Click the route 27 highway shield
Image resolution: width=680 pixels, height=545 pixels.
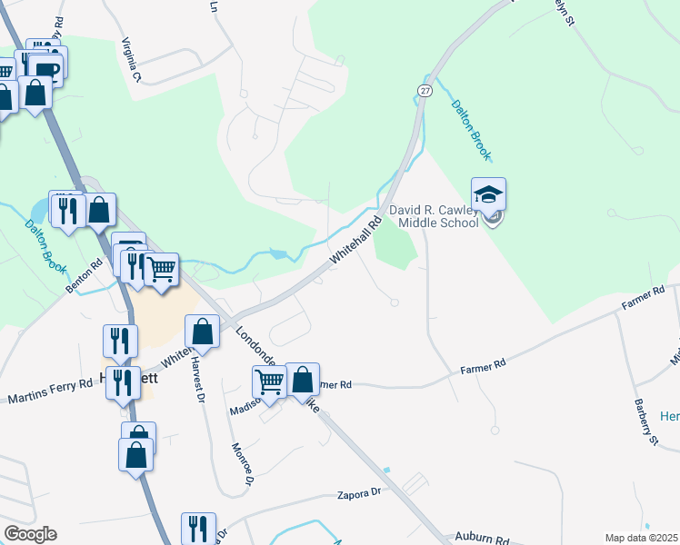pyautogui.click(x=425, y=89)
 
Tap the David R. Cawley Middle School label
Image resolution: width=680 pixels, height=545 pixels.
pyautogui.click(x=434, y=216)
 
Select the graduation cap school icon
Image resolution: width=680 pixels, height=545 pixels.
pyautogui.click(x=488, y=194)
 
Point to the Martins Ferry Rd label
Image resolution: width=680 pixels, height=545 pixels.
pyautogui.click(x=50, y=391)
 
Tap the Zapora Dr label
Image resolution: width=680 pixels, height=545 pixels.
pyautogui.click(x=357, y=493)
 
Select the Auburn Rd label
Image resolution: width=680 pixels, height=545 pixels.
pyautogui.click(x=484, y=539)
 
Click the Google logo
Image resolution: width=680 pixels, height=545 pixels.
pyautogui.click(x=30, y=534)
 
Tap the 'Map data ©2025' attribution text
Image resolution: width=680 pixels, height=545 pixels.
pyautogui.click(x=642, y=538)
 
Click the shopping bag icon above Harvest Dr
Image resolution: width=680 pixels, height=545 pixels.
pyautogui.click(x=203, y=331)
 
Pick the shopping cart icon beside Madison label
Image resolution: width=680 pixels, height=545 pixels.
pyautogui.click(x=270, y=381)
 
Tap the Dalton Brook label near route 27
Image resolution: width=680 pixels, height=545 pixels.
pyautogui.click(x=471, y=127)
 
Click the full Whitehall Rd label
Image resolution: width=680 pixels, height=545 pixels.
pyautogui.click(x=355, y=241)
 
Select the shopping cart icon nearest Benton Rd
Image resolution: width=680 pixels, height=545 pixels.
pyautogui.click(x=161, y=268)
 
